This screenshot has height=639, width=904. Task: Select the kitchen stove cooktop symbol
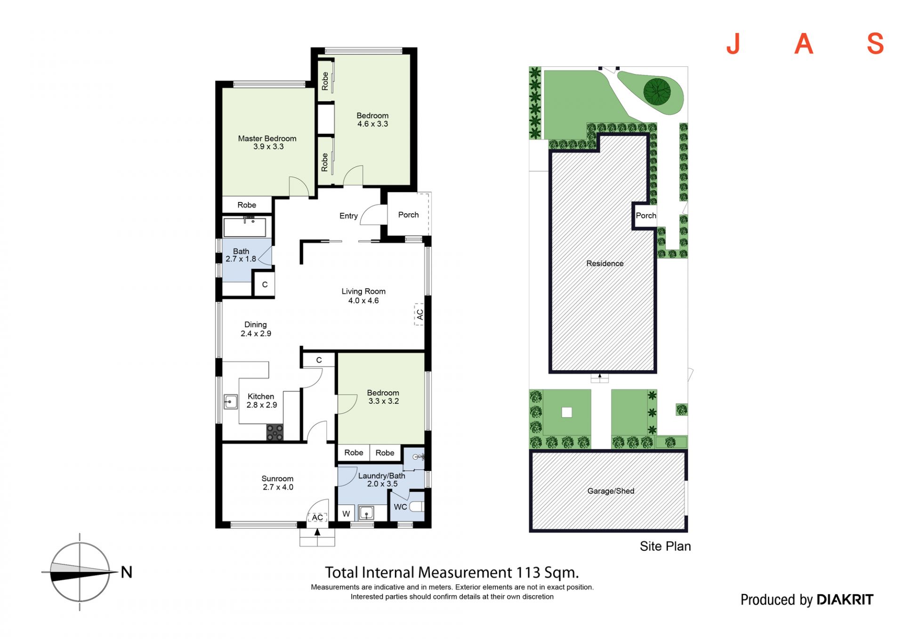(x=275, y=432)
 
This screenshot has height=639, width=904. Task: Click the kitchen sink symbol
(x=230, y=402)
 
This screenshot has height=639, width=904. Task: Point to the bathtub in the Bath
(x=245, y=227)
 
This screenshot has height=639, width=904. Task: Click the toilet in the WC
(x=417, y=507)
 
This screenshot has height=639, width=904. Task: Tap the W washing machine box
(x=346, y=513)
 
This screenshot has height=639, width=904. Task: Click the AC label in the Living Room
(x=420, y=314)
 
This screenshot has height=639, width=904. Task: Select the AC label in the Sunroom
(x=317, y=518)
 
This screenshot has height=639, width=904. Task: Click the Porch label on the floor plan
(x=408, y=215)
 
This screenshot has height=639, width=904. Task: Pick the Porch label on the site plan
(x=646, y=216)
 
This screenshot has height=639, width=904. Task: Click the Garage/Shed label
(x=611, y=491)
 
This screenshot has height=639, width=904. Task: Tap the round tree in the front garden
(x=657, y=91)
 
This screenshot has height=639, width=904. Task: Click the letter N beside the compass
(x=126, y=572)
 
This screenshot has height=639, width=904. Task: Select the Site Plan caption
(x=665, y=546)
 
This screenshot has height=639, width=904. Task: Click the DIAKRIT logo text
(x=845, y=599)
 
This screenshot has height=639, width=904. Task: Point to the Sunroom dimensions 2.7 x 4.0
(x=278, y=487)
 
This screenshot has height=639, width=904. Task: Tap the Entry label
(x=348, y=216)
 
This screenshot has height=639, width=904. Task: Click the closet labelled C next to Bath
(x=265, y=284)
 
